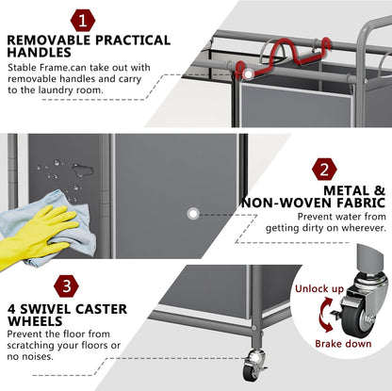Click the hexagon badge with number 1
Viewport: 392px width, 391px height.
(x=83, y=21)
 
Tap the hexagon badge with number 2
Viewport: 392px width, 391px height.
(x=324, y=170)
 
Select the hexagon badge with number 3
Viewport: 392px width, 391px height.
(x=66, y=286)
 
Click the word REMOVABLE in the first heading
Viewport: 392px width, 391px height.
(x=49, y=41)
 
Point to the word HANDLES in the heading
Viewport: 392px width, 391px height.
(x=40, y=53)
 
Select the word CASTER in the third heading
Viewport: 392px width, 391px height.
(x=101, y=309)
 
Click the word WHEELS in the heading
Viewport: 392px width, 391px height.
(x=35, y=321)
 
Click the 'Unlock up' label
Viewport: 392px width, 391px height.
(x=319, y=288)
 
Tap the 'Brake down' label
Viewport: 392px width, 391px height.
(x=343, y=344)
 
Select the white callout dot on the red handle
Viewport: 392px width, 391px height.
(x=248, y=74)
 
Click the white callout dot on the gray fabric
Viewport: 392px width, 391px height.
(x=193, y=214)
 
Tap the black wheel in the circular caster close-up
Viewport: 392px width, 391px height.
(x=354, y=320)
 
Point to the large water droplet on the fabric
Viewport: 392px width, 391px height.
(x=83, y=170)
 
